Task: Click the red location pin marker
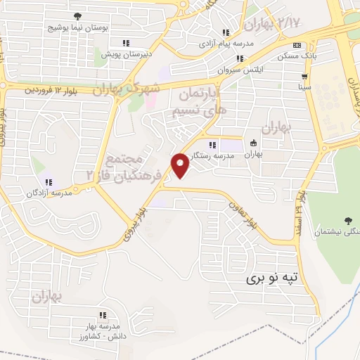click(181, 165)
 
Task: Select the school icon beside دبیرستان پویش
click(126, 42)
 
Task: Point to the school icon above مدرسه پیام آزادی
click(226, 32)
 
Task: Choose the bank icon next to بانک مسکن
click(297, 44)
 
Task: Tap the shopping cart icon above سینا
click(304, 77)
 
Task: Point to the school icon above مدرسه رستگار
click(213, 144)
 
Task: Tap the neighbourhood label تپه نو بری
click(277, 278)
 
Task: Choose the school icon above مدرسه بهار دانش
click(103, 315)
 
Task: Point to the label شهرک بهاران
click(130, 89)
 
